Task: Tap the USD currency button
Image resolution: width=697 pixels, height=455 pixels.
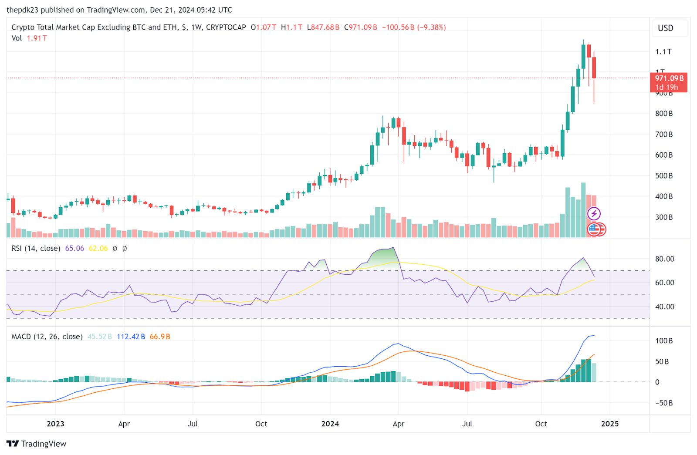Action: pyautogui.click(x=665, y=28)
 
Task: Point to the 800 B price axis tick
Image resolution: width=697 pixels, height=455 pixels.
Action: pyautogui.click(x=664, y=114)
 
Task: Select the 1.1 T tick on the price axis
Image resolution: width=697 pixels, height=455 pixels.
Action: pyautogui.click(x=663, y=52)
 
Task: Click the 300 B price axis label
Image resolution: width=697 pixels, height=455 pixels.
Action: pyautogui.click(x=664, y=217)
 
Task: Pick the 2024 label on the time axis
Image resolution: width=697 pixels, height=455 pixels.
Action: pyautogui.click(x=330, y=424)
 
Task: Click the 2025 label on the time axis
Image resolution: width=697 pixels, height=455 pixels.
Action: pyautogui.click(x=609, y=424)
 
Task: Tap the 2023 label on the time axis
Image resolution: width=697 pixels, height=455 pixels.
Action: pyautogui.click(x=55, y=424)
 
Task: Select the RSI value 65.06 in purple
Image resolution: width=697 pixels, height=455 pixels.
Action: pyautogui.click(x=74, y=249)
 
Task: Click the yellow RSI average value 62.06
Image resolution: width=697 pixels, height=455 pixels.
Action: pyautogui.click(x=98, y=249)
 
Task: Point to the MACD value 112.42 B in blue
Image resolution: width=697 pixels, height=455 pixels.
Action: pyautogui.click(x=131, y=337)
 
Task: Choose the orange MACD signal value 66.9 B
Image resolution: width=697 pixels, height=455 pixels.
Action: pyautogui.click(x=160, y=337)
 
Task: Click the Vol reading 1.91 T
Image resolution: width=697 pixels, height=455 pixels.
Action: pyautogui.click(x=37, y=38)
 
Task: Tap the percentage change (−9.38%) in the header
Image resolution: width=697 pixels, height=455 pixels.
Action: pyautogui.click(x=431, y=27)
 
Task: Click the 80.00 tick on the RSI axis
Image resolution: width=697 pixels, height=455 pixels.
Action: pyautogui.click(x=664, y=259)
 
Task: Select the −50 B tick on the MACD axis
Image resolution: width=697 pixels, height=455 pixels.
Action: pyautogui.click(x=664, y=403)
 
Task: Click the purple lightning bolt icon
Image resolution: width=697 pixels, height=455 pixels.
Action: pyautogui.click(x=594, y=214)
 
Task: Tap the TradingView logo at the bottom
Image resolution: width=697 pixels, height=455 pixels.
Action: pyautogui.click(x=37, y=444)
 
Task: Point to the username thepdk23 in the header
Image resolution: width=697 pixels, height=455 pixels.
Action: pyautogui.click(x=22, y=10)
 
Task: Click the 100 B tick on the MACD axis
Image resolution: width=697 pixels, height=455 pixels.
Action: pyautogui.click(x=664, y=341)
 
